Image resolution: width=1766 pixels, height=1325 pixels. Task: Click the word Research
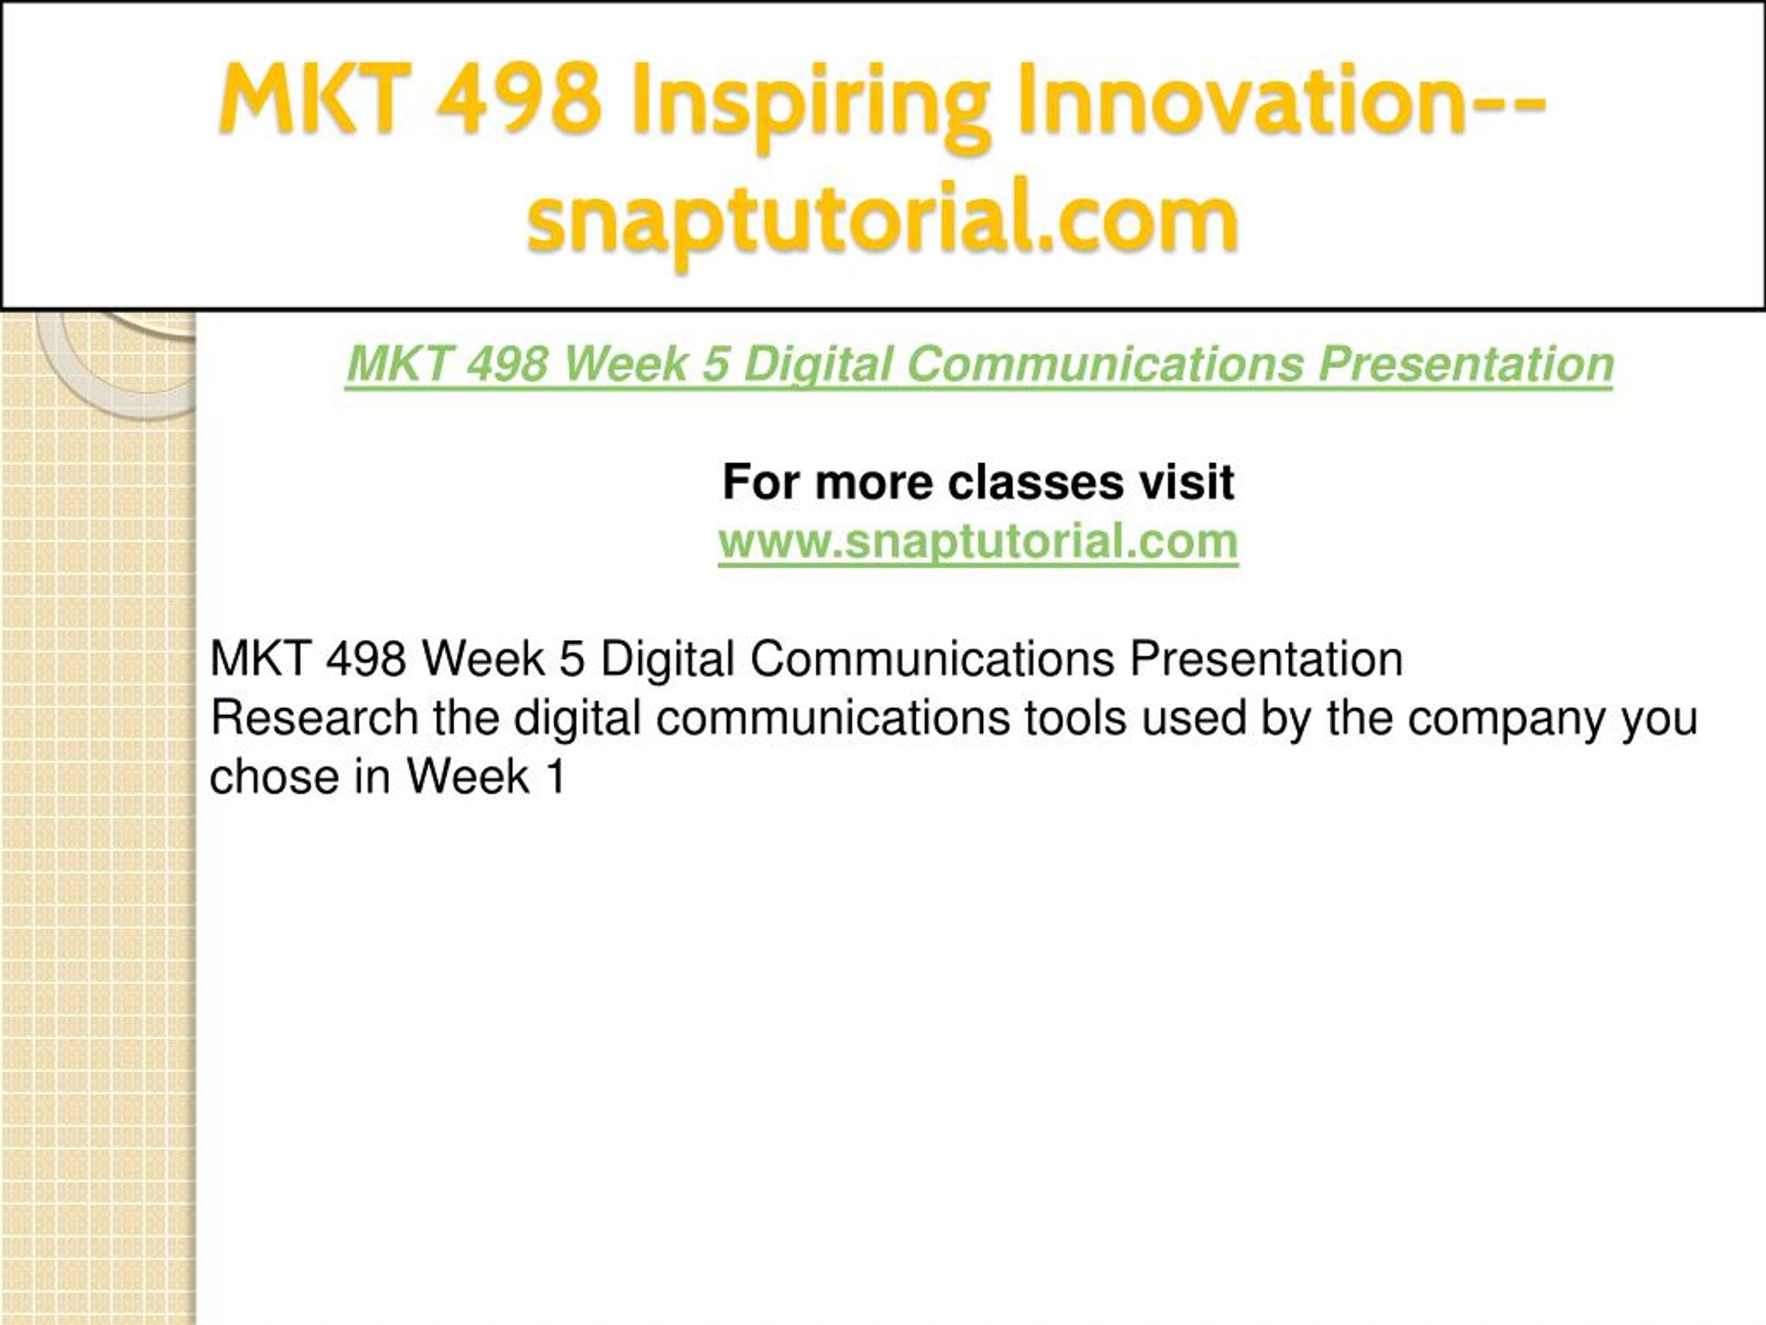click(315, 717)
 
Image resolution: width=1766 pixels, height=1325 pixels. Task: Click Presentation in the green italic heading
click(1466, 364)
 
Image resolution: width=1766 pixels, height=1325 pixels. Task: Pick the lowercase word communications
click(833, 717)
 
